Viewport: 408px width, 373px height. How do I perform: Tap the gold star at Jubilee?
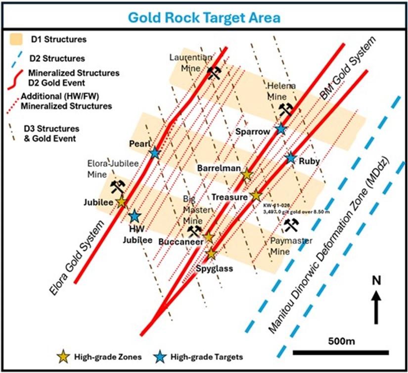[x=122, y=202]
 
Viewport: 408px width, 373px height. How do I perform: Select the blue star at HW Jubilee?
[x=134, y=216]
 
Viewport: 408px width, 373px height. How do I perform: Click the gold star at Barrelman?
[x=246, y=174]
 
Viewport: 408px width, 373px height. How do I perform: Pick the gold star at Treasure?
[x=256, y=196]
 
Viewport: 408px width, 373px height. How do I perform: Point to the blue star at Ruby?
[x=291, y=159]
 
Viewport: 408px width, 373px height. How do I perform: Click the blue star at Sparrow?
[x=281, y=129]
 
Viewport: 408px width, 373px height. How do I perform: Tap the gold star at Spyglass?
[x=211, y=254]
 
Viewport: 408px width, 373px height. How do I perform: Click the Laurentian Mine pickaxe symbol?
[x=214, y=73]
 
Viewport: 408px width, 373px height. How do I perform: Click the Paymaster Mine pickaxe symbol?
[x=291, y=225]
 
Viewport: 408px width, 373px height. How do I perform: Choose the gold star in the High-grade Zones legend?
[x=63, y=356]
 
